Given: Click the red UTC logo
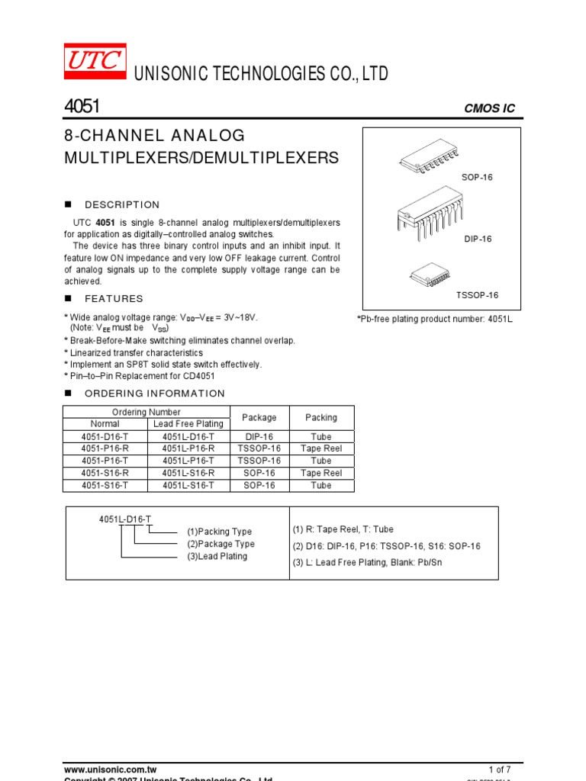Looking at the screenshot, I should pyautogui.click(x=95, y=62).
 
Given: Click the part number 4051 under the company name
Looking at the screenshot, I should pyautogui.click(x=82, y=107).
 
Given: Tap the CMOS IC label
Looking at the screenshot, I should pyautogui.click(x=489, y=108).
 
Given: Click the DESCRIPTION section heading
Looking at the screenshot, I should pyautogui.click(x=122, y=204).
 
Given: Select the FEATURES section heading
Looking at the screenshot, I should pyautogui.click(x=114, y=299).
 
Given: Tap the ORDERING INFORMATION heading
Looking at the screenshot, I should pyautogui.click(x=154, y=394).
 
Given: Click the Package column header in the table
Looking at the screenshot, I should pyautogui.click(x=259, y=418).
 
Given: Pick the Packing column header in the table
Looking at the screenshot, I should pyautogui.click(x=321, y=418).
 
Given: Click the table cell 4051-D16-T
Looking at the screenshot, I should pyautogui.click(x=105, y=436).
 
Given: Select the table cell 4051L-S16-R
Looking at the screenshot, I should pyautogui.click(x=188, y=473).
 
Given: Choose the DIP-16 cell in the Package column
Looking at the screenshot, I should pyautogui.click(x=259, y=436).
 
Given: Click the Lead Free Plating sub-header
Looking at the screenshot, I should pyautogui.click(x=188, y=424).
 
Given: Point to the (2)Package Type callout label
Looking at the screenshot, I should pyautogui.click(x=221, y=544).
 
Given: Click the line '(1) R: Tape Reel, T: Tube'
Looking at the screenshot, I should pyautogui.click(x=343, y=529).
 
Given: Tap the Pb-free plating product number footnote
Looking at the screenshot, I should pyautogui.click(x=435, y=319).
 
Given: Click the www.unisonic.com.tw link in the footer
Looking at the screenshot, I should pyautogui.click(x=110, y=770).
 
